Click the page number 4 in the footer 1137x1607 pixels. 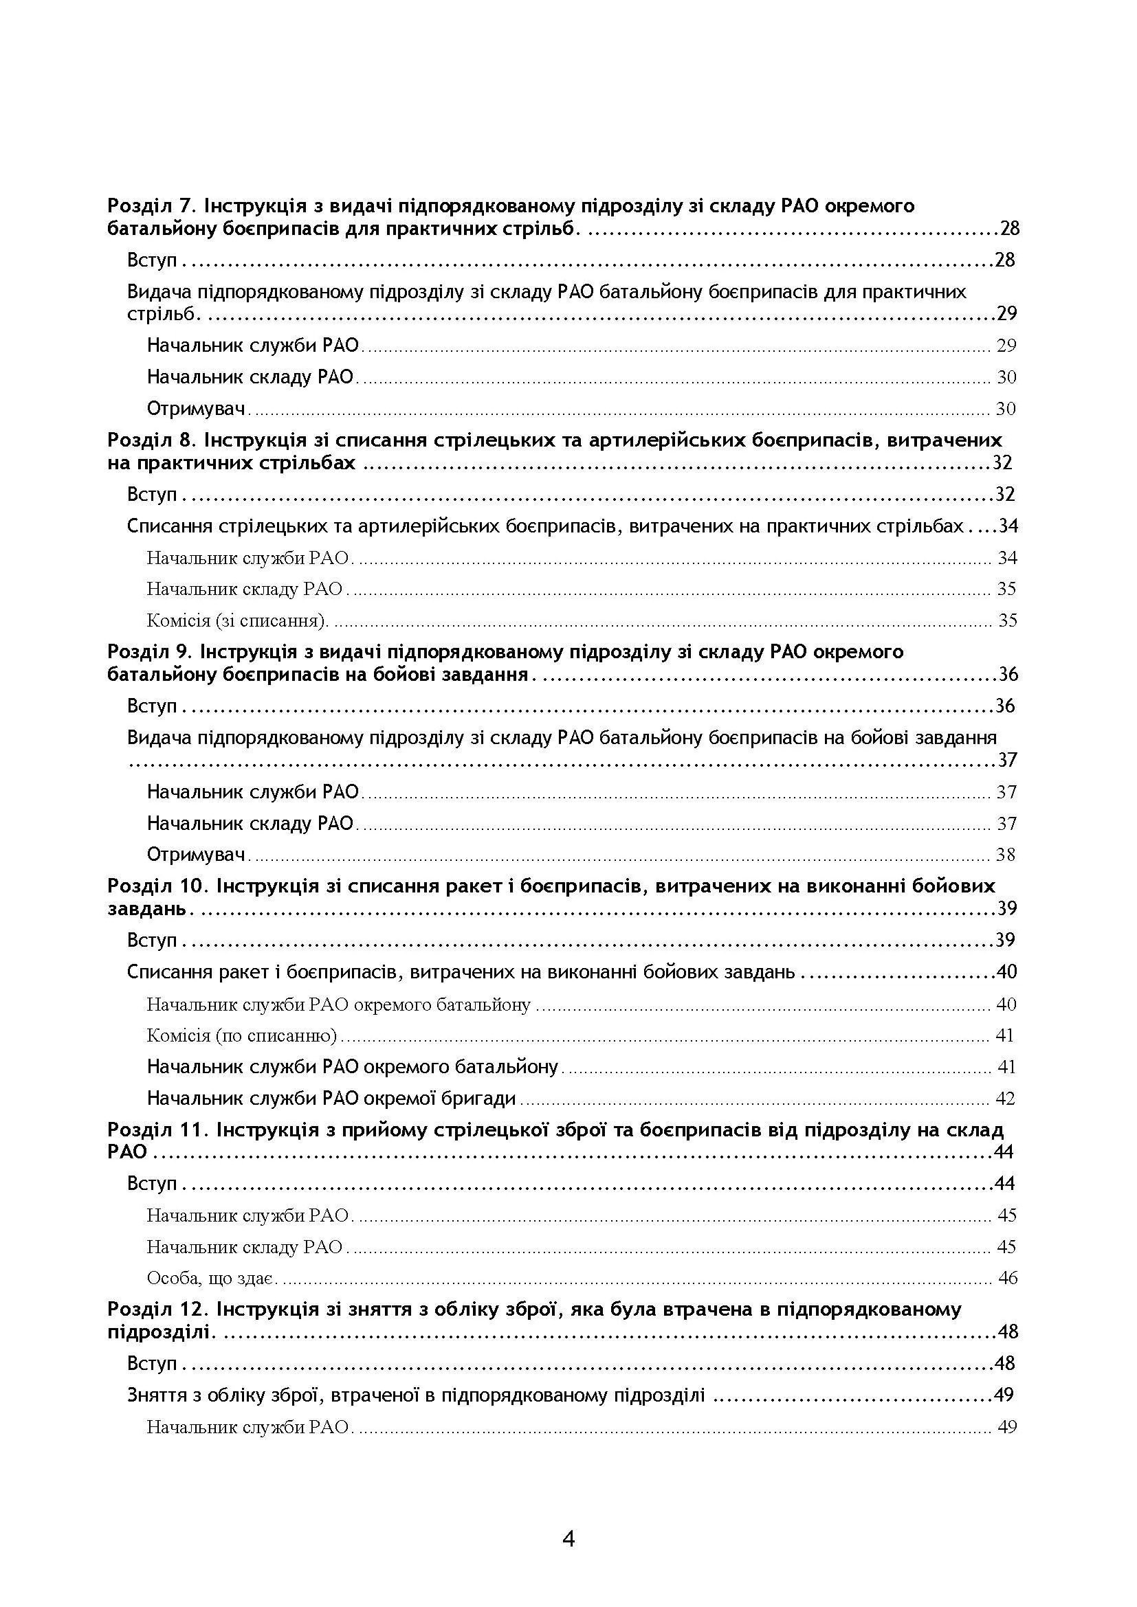click(x=568, y=1538)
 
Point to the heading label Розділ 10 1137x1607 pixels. click(x=155, y=886)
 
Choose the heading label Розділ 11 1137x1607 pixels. click(x=155, y=1130)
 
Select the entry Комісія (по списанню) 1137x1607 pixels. click(x=242, y=1035)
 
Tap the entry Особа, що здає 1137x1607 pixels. click(x=212, y=1278)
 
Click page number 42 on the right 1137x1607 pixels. click(x=1005, y=1098)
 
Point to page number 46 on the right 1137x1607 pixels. click(x=1007, y=1278)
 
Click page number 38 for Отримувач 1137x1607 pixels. click(x=1006, y=855)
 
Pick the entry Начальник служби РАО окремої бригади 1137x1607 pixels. click(x=331, y=1098)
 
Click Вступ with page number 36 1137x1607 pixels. click(x=152, y=706)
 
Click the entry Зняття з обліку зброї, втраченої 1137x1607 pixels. click(x=416, y=1395)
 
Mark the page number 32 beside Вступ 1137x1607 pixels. click(x=1005, y=494)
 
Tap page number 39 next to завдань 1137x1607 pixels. click(x=1006, y=908)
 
